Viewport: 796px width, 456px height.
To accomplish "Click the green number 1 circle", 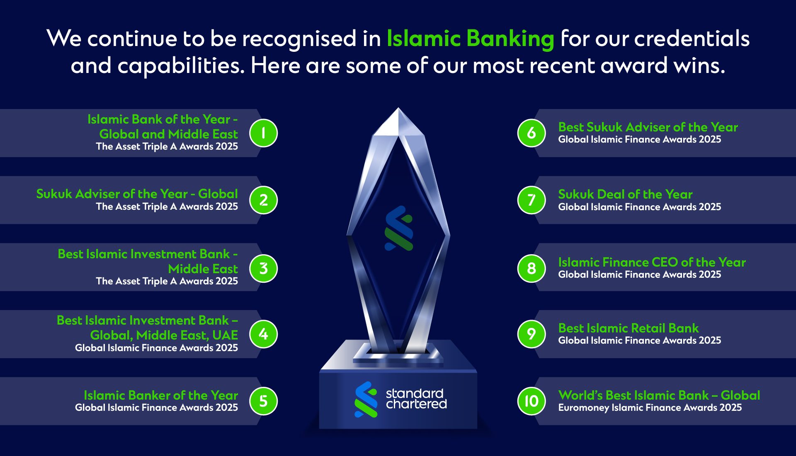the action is click(x=263, y=133).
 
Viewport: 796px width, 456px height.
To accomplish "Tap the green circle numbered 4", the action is click(x=263, y=334).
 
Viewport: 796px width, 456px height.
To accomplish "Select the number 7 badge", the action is click(x=531, y=200).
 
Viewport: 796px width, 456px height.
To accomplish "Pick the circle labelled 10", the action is click(x=531, y=401).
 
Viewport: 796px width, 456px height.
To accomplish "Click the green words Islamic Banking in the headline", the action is click(x=470, y=39).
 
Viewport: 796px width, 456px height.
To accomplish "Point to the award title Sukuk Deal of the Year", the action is click(x=625, y=194).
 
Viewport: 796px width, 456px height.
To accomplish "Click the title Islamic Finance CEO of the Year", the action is click(x=652, y=262).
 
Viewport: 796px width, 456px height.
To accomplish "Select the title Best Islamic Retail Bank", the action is click(x=629, y=328).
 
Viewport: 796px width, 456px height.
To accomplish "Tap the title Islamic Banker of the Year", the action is click(x=161, y=395).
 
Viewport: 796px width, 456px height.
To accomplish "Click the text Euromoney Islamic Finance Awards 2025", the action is click(x=650, y=407).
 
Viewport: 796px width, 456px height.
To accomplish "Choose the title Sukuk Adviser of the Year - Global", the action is click(x=137, y=194).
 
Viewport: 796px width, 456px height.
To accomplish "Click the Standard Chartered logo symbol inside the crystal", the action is click(x=399, y=228).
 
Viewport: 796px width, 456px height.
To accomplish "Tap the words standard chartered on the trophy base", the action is click(x=416, y=399).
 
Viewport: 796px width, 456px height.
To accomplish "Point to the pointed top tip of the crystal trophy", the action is click(x=398, y=108).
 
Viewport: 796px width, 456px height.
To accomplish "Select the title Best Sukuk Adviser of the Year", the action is click(x=648, y=127).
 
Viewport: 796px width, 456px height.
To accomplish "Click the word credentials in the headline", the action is click(x=692, y=39).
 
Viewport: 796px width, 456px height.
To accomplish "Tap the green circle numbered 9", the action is click(x=531, y=334).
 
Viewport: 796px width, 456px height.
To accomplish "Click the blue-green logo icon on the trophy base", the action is click(x=366, y=400).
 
